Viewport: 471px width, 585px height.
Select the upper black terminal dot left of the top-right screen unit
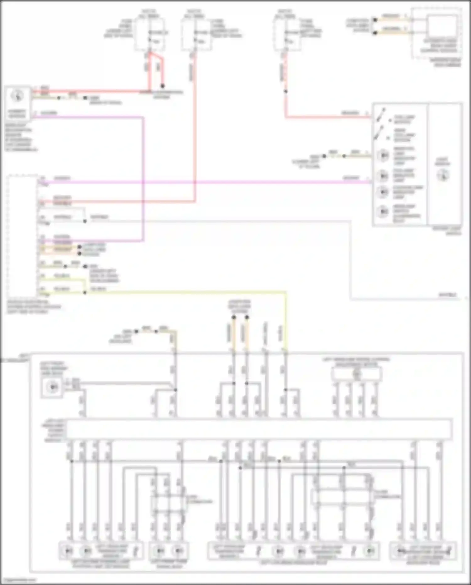pyautogui.click(x=375, y=20)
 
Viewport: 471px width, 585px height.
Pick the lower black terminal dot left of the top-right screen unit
pyautogui.click(x=375, y=33)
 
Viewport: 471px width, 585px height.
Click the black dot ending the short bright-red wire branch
pyautogui.click(x=162, y=86)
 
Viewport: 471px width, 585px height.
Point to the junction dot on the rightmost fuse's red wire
pyautogui.click(x=286, y=91)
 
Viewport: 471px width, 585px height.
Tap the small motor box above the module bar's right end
pyautogui.click(x=356, y=374)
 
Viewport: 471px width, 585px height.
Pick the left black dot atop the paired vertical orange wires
pyautogui.click(x=234, y=317)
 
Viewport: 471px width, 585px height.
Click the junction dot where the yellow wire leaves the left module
pyautogui.click(x=85, y=293)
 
